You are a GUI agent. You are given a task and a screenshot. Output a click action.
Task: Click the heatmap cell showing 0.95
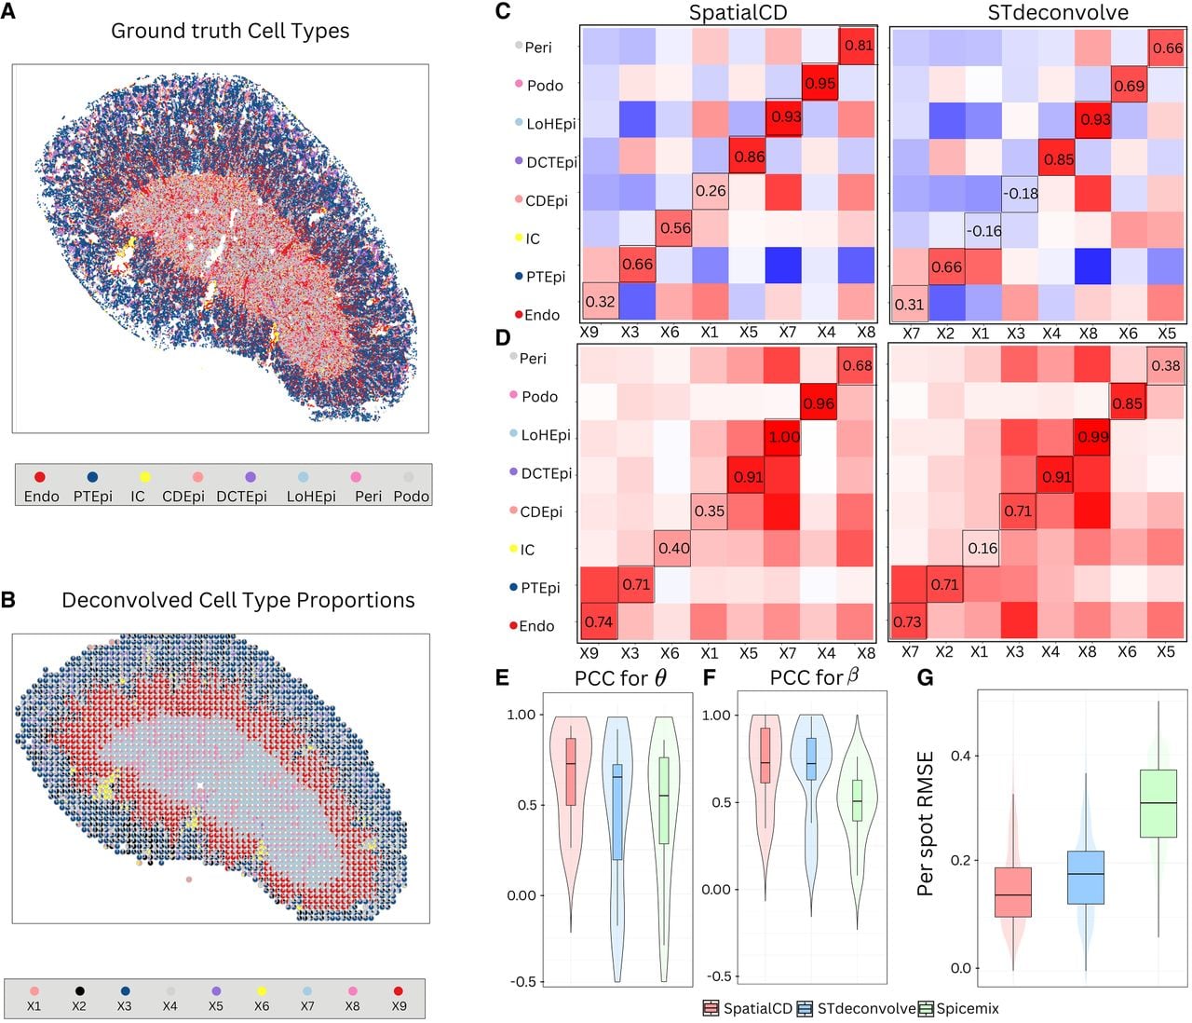(819, 83)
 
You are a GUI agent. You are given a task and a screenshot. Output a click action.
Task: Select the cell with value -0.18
(1019, 193)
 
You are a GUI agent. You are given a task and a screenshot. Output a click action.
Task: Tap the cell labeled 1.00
(782, 437)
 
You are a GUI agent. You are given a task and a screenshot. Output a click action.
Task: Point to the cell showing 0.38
(1166, 365)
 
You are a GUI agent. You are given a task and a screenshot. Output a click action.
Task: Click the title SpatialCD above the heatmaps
(738, 13)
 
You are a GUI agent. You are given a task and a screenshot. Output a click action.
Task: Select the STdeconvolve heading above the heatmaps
(1058, 13)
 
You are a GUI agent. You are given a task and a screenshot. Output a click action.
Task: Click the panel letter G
(925, 676)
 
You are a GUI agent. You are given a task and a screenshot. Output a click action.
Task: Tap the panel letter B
(8, 600)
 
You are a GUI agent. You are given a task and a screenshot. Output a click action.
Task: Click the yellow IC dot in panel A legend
(144, 477)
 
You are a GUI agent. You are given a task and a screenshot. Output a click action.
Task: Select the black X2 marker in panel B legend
(79, 990)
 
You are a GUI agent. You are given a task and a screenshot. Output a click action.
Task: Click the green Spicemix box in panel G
(1158, 803)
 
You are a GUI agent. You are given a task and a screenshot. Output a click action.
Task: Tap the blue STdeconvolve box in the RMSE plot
(1085, 877)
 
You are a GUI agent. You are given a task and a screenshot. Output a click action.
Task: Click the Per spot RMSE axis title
(925, 824)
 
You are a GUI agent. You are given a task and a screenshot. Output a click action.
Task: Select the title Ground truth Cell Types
(230, 31)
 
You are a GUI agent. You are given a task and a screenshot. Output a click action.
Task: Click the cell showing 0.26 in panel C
(710, 191)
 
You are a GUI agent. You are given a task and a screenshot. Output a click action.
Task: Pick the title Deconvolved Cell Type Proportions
(238, 600)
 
